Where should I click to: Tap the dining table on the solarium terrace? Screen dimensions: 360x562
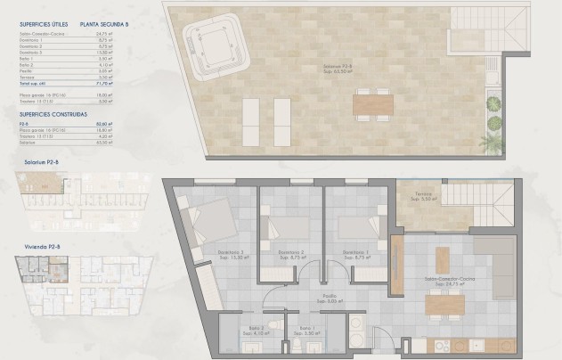[371, 105]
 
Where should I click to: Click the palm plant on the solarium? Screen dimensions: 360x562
[493, 138]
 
